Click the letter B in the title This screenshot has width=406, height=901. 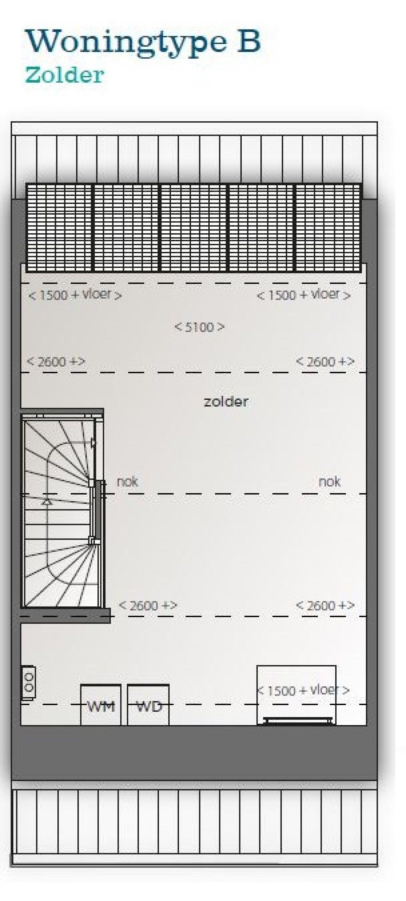[249, 41]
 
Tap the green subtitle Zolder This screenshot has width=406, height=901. [64, 75]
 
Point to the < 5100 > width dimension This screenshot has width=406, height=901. [199, 327]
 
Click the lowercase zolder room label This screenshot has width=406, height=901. [226, 401]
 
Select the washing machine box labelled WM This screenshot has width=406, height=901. [101, 705]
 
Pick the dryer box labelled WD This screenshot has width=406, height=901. [148, 705]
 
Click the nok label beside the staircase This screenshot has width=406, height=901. [128, 482]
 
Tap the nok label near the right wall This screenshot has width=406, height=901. [329, 482]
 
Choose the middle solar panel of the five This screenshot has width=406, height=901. [194, 228]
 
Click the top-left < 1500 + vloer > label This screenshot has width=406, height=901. [75, 295]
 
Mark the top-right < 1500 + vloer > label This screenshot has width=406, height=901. [303, 295]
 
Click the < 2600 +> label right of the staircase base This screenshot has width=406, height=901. [148, 605]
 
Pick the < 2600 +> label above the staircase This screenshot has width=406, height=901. [56, 361]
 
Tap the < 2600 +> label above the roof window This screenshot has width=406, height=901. [325, 605]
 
